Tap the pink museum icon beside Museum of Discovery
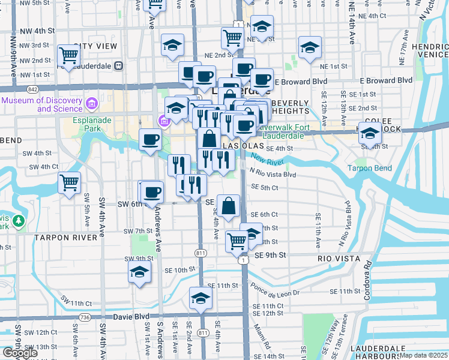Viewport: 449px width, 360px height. coord(92,104)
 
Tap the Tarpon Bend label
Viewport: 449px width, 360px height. coord(369,168)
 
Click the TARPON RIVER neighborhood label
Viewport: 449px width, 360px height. coord(65,238)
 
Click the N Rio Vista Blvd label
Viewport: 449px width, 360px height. coord(273,175)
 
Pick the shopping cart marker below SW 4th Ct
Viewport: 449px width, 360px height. coord(69,182)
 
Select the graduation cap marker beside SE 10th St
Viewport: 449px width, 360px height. coord(139,272)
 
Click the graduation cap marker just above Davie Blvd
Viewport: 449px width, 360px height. coord(200,298)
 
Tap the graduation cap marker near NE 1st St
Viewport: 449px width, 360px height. coord(310,47)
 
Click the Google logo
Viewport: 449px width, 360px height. coord(20,353)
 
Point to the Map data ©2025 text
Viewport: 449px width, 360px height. coord(423,355)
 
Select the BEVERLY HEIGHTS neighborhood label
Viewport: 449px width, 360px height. coord(290,107)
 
